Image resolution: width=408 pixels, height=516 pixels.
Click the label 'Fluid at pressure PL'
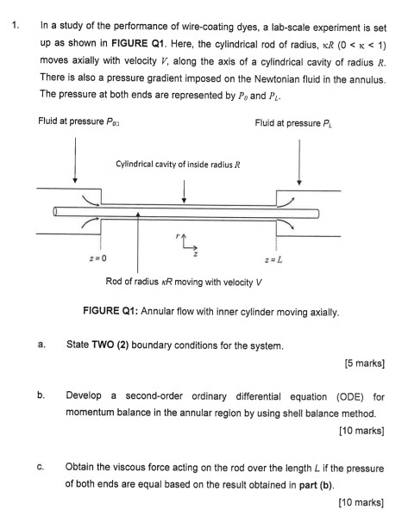[x=293, y=122]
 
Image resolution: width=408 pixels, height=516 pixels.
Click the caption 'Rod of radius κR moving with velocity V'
[x=187, y=282]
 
